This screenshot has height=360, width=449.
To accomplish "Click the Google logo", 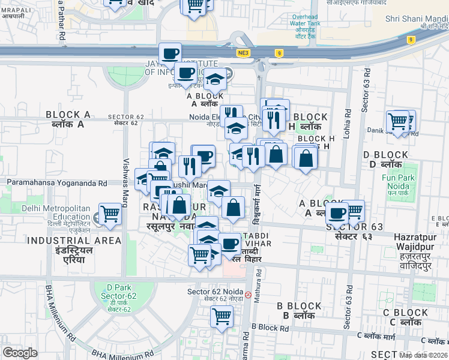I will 20,353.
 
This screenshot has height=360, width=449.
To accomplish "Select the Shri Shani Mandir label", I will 417,19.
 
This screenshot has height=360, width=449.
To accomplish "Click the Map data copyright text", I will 424,355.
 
